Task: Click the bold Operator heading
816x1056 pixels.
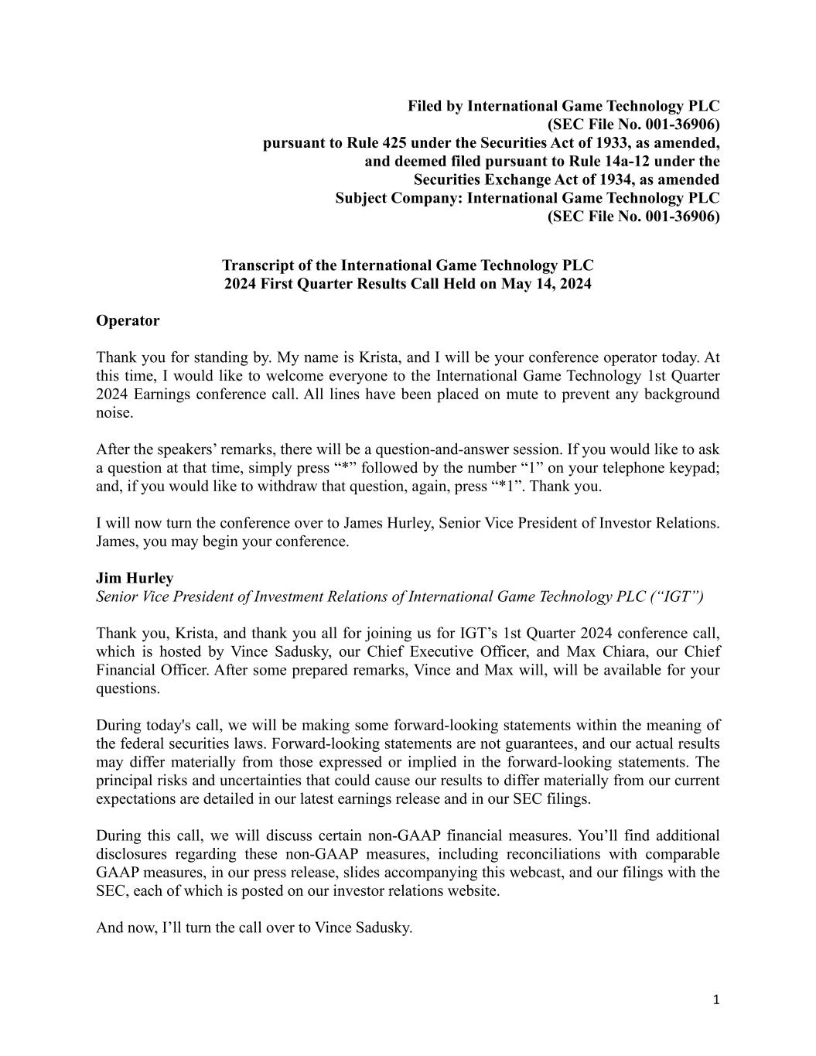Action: click(x=128, y=320)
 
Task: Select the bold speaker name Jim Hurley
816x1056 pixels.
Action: click(x=135, y=578)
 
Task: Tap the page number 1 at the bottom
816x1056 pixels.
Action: click(x=715, y=1000)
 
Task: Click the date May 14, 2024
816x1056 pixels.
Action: click(x=545, y=283)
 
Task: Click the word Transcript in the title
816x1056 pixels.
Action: click(x=258, y=265)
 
